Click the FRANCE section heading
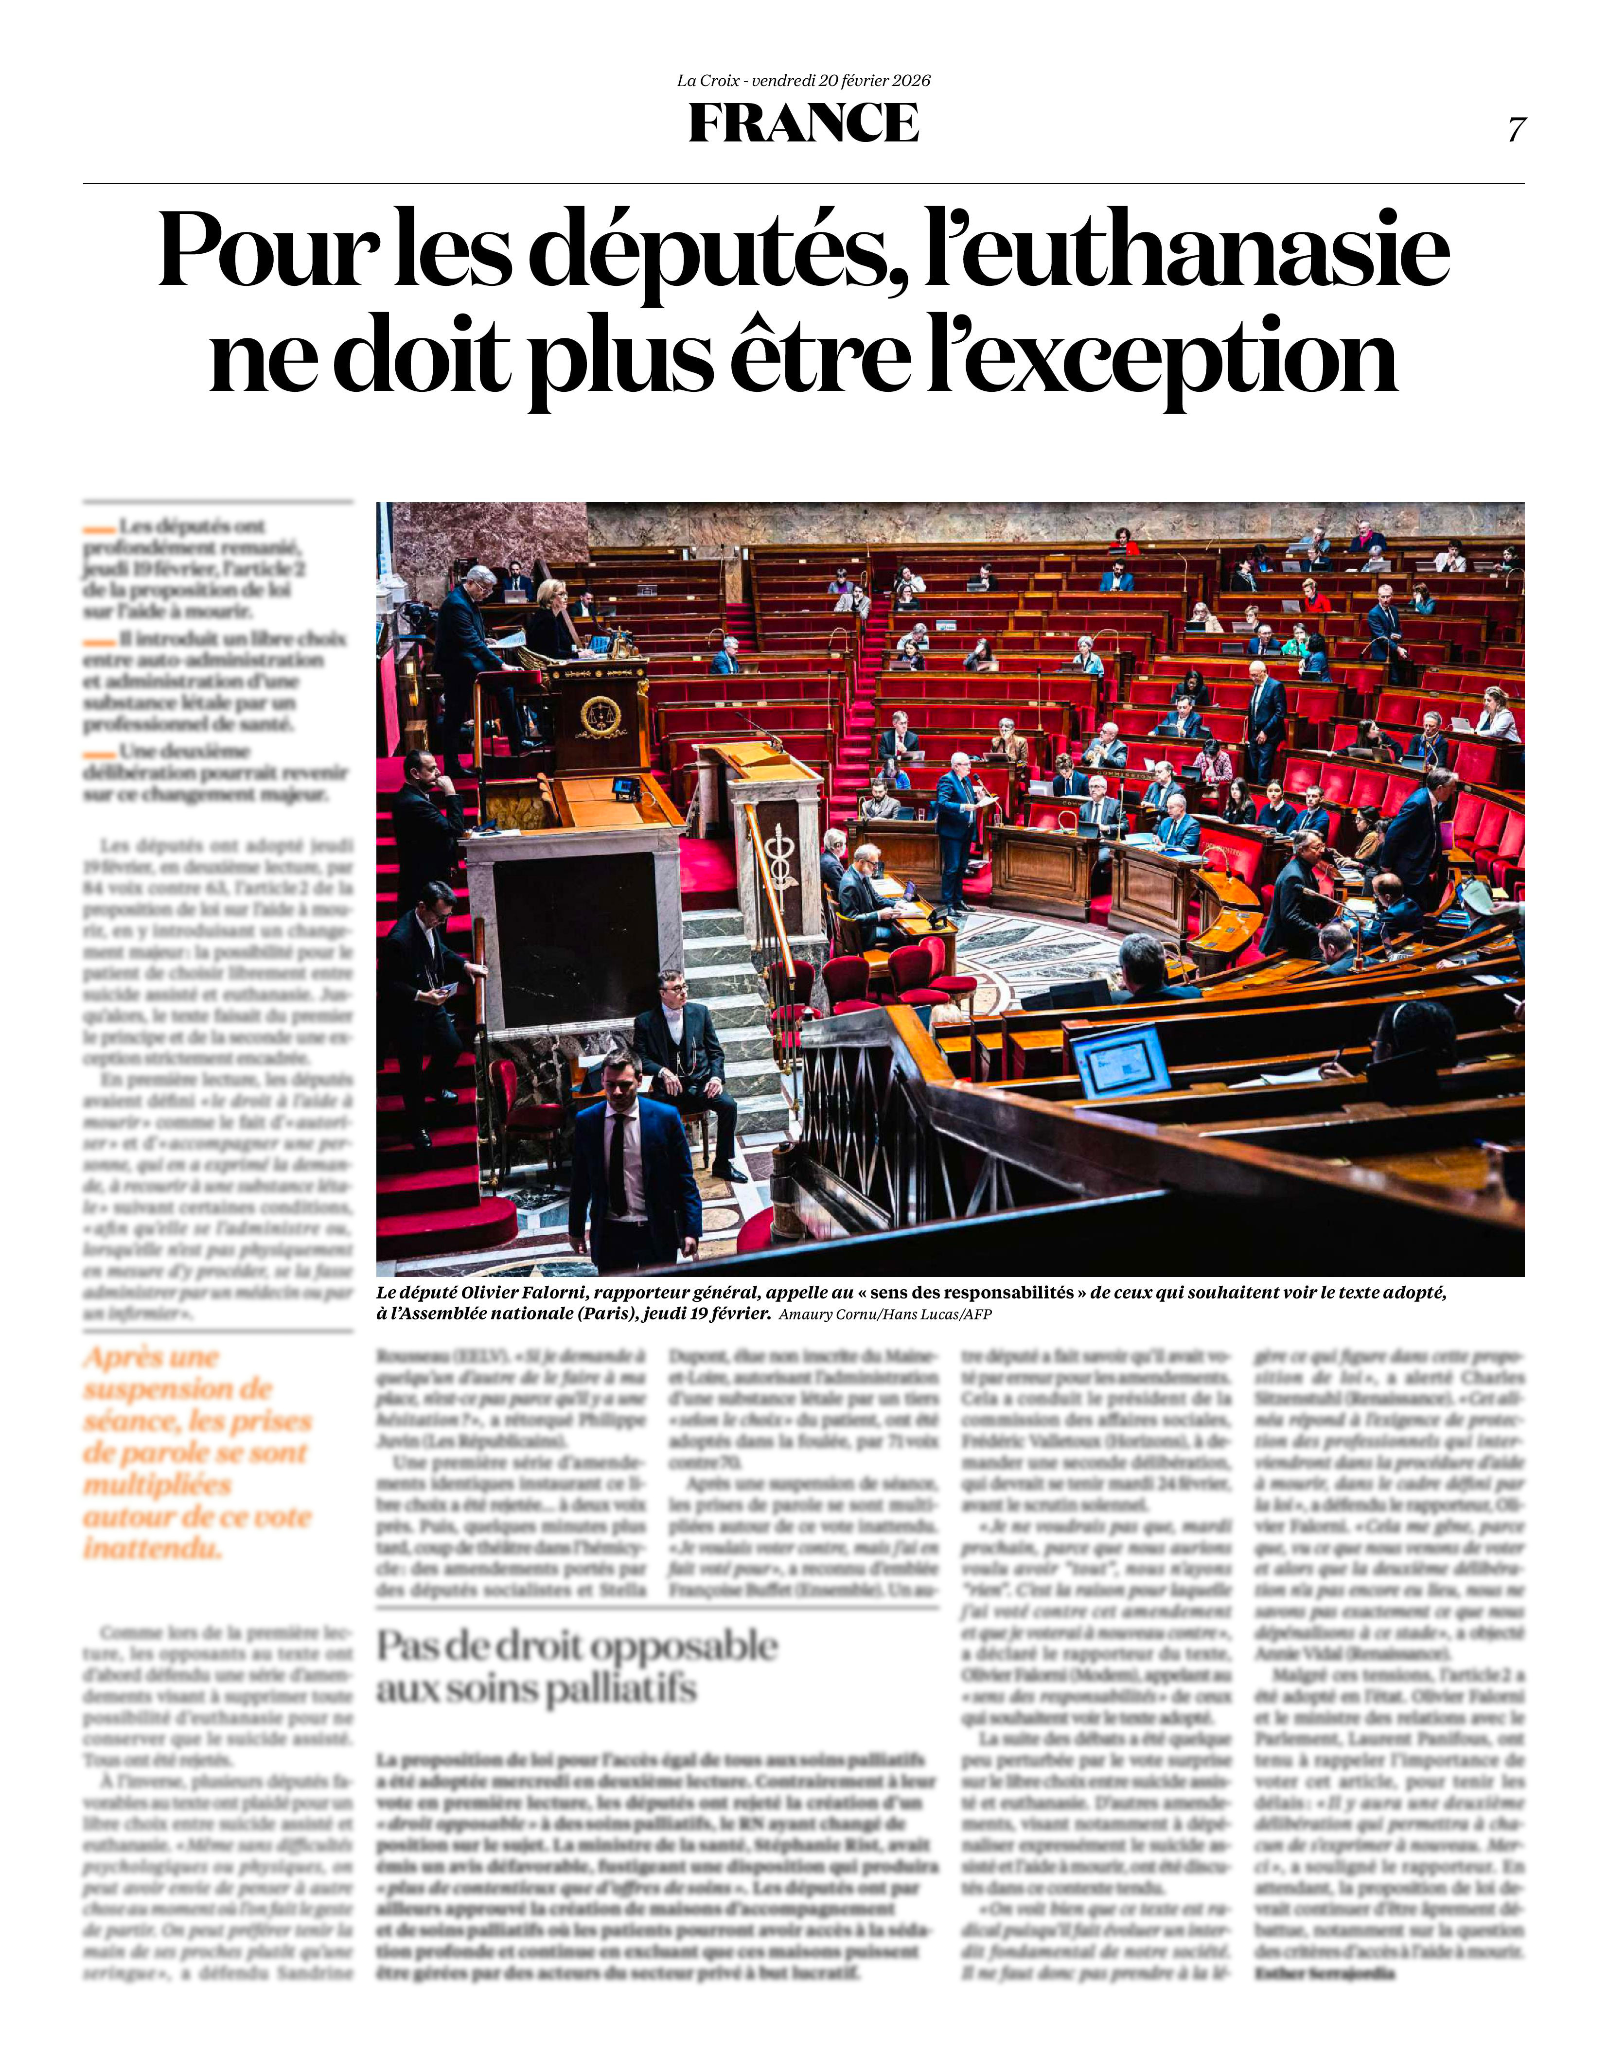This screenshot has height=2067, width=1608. click(804, 123)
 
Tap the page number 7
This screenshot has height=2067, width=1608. click(1516, 130)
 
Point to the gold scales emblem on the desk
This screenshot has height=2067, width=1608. click(600, 716)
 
